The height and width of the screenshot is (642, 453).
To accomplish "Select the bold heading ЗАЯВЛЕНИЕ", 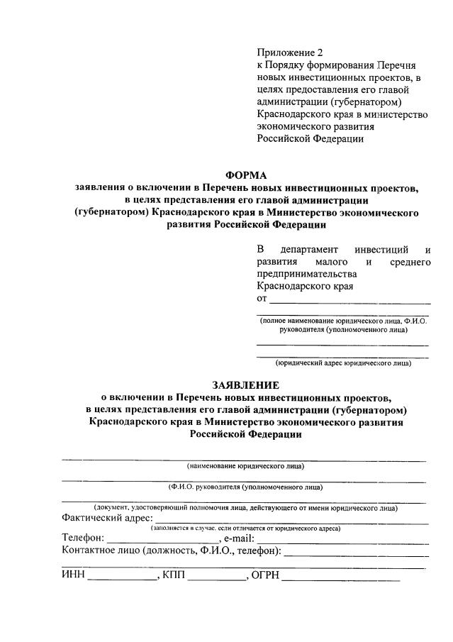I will (247, 385).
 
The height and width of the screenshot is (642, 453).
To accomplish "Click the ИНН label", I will (73, 575).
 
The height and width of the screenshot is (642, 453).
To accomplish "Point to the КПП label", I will (173, 575).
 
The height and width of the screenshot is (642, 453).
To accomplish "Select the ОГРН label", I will (265, 575).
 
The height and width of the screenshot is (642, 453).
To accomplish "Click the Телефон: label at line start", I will (83, 539).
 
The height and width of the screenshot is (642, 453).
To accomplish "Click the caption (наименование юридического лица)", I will (245, 466).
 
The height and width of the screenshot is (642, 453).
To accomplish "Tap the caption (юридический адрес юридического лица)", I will (343, 363).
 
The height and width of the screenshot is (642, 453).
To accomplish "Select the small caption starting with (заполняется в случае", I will (245, 528).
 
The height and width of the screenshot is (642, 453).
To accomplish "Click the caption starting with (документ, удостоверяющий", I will (245, 508).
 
